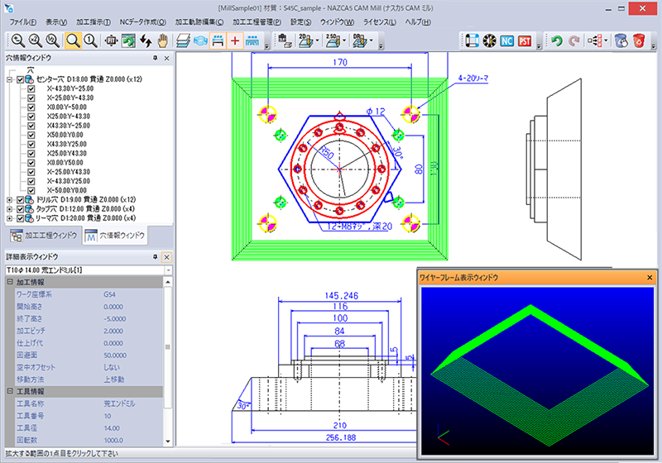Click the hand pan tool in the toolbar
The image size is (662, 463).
point(163,40)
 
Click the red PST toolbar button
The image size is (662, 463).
point(525,41)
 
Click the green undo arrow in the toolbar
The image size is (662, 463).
point(557,41)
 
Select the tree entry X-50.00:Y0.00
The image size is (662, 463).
point(68,189)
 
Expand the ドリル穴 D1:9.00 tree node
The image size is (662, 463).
point(9,199)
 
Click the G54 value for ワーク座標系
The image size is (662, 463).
point(110,294)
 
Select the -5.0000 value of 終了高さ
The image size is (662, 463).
point(117,317)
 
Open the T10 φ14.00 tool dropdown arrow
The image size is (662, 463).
point(168,270)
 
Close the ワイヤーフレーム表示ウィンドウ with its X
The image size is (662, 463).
point(650,277)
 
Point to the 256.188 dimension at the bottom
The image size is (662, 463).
point(338,437)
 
